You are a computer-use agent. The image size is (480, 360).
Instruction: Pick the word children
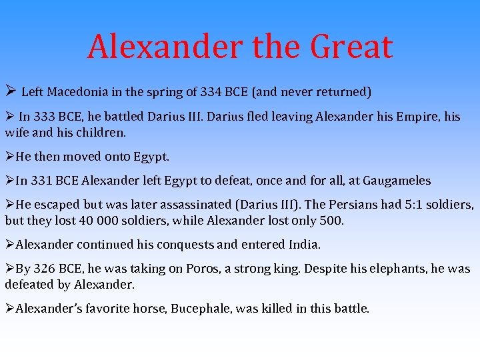click(102, 133)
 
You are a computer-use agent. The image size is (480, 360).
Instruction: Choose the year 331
click(41, 181)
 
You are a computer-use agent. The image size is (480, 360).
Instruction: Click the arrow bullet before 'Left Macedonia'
click(10, 91)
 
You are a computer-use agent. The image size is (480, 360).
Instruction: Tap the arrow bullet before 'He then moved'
click(9, 157)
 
